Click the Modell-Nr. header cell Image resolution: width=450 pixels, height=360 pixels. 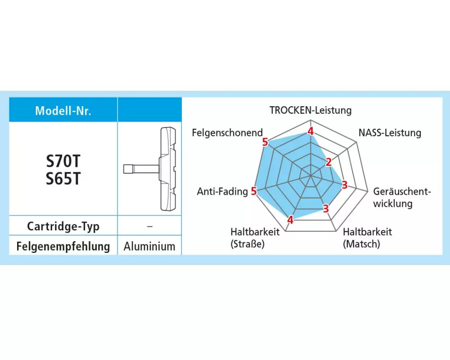point(63,111)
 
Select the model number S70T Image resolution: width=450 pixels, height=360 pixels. point(63,162)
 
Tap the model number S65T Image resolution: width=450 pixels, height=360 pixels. point(63,179)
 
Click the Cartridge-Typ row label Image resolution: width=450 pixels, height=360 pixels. point(63,226)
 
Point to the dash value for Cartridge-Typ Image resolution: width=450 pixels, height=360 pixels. point(149,226)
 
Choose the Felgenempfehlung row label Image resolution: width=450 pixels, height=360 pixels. point(63,247)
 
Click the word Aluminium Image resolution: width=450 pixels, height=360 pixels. point(149,247)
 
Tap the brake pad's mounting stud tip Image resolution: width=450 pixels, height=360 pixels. point(127,169)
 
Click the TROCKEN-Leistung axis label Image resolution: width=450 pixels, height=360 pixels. point(310,110)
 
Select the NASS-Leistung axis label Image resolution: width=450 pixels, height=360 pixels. point(390,133)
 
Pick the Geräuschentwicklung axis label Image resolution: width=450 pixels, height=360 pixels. point(402,197)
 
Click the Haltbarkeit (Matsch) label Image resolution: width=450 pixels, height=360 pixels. point(367,238)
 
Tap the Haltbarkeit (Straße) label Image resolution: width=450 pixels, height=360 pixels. point(255,238)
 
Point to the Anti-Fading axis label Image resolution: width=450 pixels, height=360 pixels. point(222,192)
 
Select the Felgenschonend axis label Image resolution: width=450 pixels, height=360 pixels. point(227,133)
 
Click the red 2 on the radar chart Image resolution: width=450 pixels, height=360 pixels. point(328,162)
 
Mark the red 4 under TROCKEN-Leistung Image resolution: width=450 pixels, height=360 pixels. point(310,131)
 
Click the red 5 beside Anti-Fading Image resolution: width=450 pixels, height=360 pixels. point(254,191)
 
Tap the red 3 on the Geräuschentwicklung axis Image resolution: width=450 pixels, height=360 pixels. point(344,184)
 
